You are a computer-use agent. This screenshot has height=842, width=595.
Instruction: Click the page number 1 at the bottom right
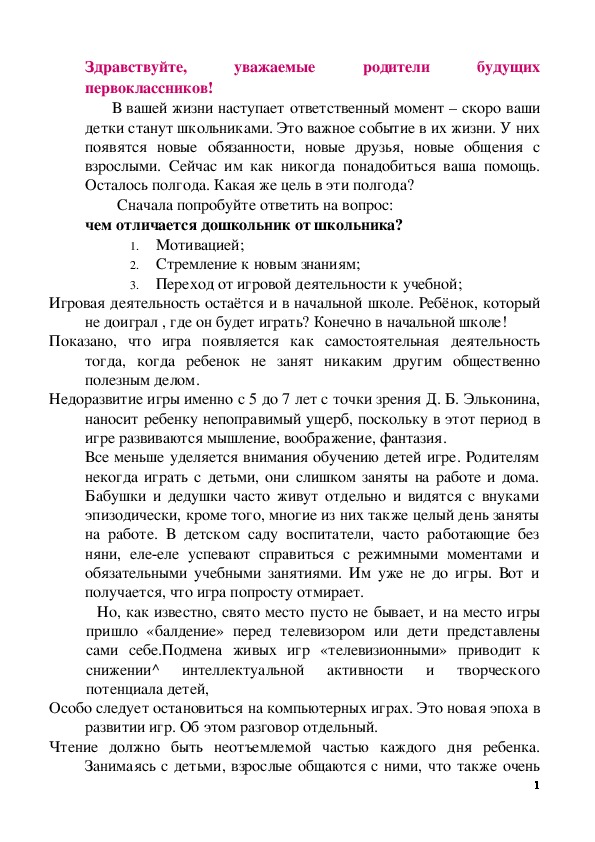[x=537, y=785]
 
